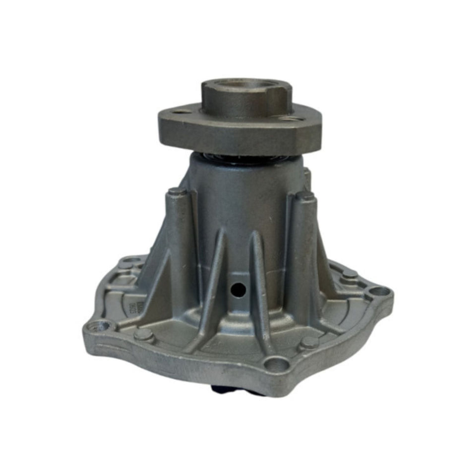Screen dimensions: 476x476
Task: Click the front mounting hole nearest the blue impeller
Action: coord(276,366)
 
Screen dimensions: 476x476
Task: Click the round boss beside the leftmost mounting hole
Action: coord(144,335)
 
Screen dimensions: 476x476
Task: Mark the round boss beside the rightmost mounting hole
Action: coord(350,274)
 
